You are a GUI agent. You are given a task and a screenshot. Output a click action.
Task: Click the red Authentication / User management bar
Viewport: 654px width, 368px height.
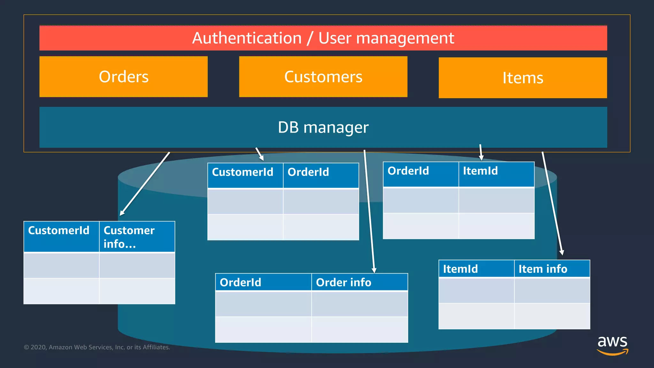tap(323, 38)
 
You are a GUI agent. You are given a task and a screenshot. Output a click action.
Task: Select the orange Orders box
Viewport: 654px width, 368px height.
tap(124, 77)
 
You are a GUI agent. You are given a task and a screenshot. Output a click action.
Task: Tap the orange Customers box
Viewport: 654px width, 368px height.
tap(323, 77)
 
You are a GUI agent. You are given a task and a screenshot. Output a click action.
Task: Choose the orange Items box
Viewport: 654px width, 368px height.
tap(523, 78)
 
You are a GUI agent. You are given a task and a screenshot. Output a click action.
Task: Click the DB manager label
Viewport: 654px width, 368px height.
tap(323, 127)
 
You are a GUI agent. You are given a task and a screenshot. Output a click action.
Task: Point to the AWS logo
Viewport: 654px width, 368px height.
tap(612, 345)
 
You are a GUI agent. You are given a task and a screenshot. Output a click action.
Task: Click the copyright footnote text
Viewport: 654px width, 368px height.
tap(97, 347)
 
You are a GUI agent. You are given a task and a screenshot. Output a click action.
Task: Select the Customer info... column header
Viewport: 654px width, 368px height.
tap(137, 237)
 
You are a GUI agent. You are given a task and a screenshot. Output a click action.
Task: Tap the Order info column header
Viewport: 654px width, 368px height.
tap(359, 282)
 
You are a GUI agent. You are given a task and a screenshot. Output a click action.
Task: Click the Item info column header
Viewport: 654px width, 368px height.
tap(551, 269)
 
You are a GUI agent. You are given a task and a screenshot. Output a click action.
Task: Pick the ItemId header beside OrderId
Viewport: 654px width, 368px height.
tap(496, 171)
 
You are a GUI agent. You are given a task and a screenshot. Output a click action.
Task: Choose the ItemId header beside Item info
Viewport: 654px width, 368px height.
tap(476, 269)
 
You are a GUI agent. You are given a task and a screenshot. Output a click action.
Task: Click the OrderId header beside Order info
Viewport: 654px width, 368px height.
tap(263, 282)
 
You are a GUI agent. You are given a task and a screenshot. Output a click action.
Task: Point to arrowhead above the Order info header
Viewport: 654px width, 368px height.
tap(374, 270)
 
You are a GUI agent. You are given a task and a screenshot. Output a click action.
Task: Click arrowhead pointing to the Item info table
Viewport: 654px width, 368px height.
tap(562, 252)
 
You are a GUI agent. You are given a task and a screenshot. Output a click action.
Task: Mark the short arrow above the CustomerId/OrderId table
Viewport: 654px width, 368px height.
tap(260, 154)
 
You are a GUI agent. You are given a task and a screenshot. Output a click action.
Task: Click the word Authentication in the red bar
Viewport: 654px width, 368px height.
tap(247, 38)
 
